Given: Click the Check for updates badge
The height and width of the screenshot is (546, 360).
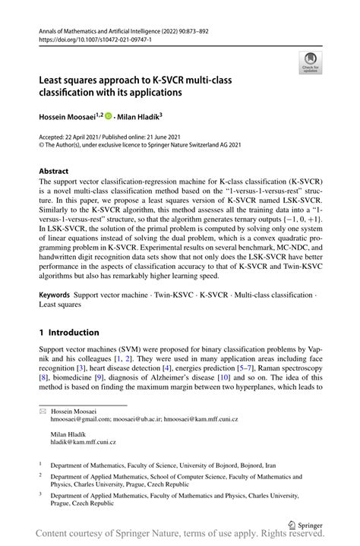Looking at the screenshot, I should (x=309, y=63).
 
